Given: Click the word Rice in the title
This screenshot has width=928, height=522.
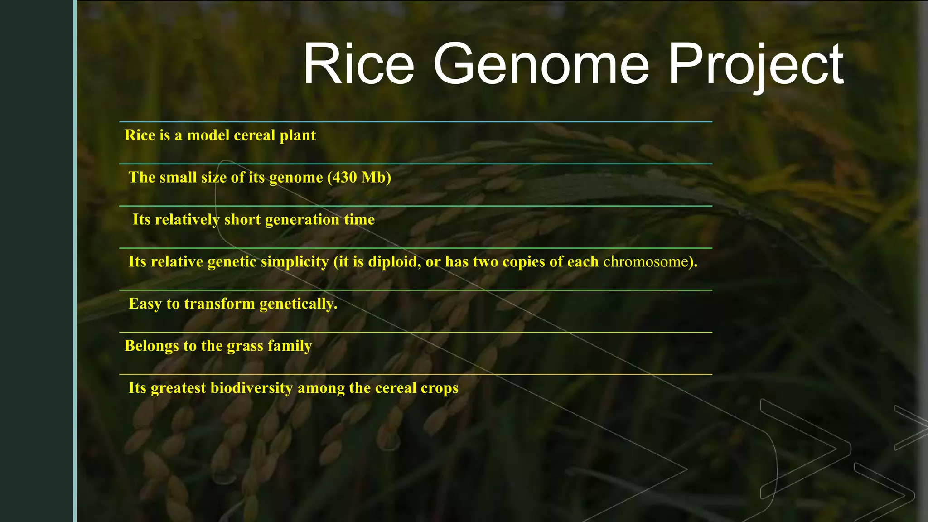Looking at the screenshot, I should (358, 64).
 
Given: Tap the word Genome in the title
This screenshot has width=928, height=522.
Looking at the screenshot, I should (541, 64).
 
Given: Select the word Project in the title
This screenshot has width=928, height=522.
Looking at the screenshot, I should (755, 64).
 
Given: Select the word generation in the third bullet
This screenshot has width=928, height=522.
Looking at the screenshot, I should (302, 220).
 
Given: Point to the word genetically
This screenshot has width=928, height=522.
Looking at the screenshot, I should (299, 304).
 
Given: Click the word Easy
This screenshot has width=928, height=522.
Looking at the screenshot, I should (145, 304).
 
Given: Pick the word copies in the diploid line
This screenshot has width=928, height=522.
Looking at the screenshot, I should (524, 262).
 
